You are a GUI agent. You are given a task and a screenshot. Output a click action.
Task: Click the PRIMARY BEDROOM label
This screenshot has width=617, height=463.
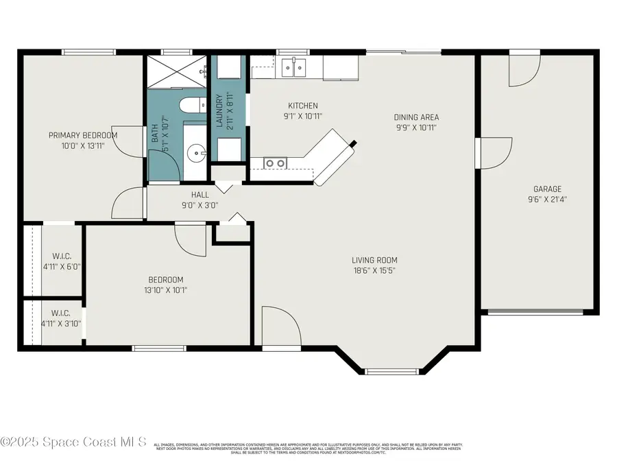pos(82,135)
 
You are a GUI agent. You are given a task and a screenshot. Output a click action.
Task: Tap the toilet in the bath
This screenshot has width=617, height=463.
pos(189,106)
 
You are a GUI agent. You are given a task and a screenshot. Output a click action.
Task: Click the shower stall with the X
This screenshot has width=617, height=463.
pos(177,71)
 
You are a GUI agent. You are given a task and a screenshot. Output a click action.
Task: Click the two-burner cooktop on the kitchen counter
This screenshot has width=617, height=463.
pos(276,163)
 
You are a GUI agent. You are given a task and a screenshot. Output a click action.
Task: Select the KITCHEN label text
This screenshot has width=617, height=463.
pos(302,106)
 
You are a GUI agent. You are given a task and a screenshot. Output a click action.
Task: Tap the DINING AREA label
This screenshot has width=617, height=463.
pos(416,117)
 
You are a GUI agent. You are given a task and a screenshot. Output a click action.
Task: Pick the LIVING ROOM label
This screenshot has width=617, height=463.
pos(374,260)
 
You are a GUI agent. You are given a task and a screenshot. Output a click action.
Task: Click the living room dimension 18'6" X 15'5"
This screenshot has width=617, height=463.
pos(374,270)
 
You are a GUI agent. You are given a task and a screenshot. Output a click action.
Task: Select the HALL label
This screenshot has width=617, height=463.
pos(199,195)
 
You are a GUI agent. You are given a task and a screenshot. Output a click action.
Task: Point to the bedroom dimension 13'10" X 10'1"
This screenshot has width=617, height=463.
pos(166,290)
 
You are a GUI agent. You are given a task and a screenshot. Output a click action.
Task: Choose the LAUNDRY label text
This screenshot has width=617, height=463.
pos(220,112)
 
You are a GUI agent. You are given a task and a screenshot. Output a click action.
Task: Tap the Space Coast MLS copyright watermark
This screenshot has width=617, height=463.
pos(74,443)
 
